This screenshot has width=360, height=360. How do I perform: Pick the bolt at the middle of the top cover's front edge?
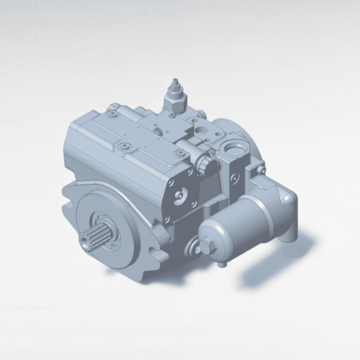[x=126, y=146]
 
